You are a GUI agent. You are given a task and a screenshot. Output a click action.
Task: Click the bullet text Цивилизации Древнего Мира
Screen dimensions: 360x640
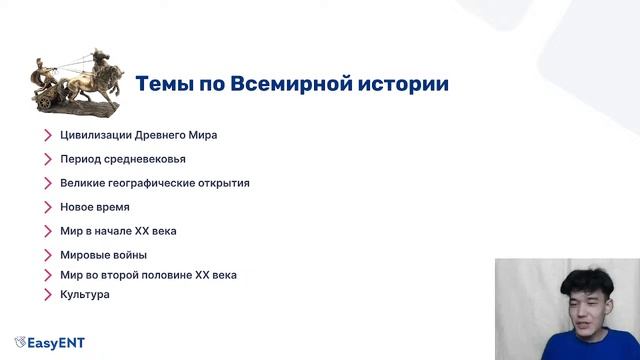click(x=138, y=135)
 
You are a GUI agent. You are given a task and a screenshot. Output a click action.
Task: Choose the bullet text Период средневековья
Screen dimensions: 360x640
click(x=122, y=159)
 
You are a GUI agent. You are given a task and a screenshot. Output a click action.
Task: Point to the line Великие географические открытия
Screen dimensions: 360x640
click(x=154, y=183)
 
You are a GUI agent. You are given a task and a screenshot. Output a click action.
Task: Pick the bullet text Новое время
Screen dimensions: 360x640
click(x=94, y=207)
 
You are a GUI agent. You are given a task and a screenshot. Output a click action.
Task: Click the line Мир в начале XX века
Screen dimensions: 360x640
click(x=118, y=231)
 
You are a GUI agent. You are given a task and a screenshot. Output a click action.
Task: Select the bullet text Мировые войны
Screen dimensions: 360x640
click(x=103, y=255)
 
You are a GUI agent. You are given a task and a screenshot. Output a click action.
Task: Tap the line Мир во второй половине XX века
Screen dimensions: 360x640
click(x=148, y=274)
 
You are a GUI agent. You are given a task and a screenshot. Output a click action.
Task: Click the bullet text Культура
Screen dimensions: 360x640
click(x=84, y=294)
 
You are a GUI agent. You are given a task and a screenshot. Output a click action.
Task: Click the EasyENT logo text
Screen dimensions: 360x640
click(x=57, y=343)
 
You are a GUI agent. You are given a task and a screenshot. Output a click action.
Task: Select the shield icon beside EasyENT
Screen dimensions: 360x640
click(x=20, y=343)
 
